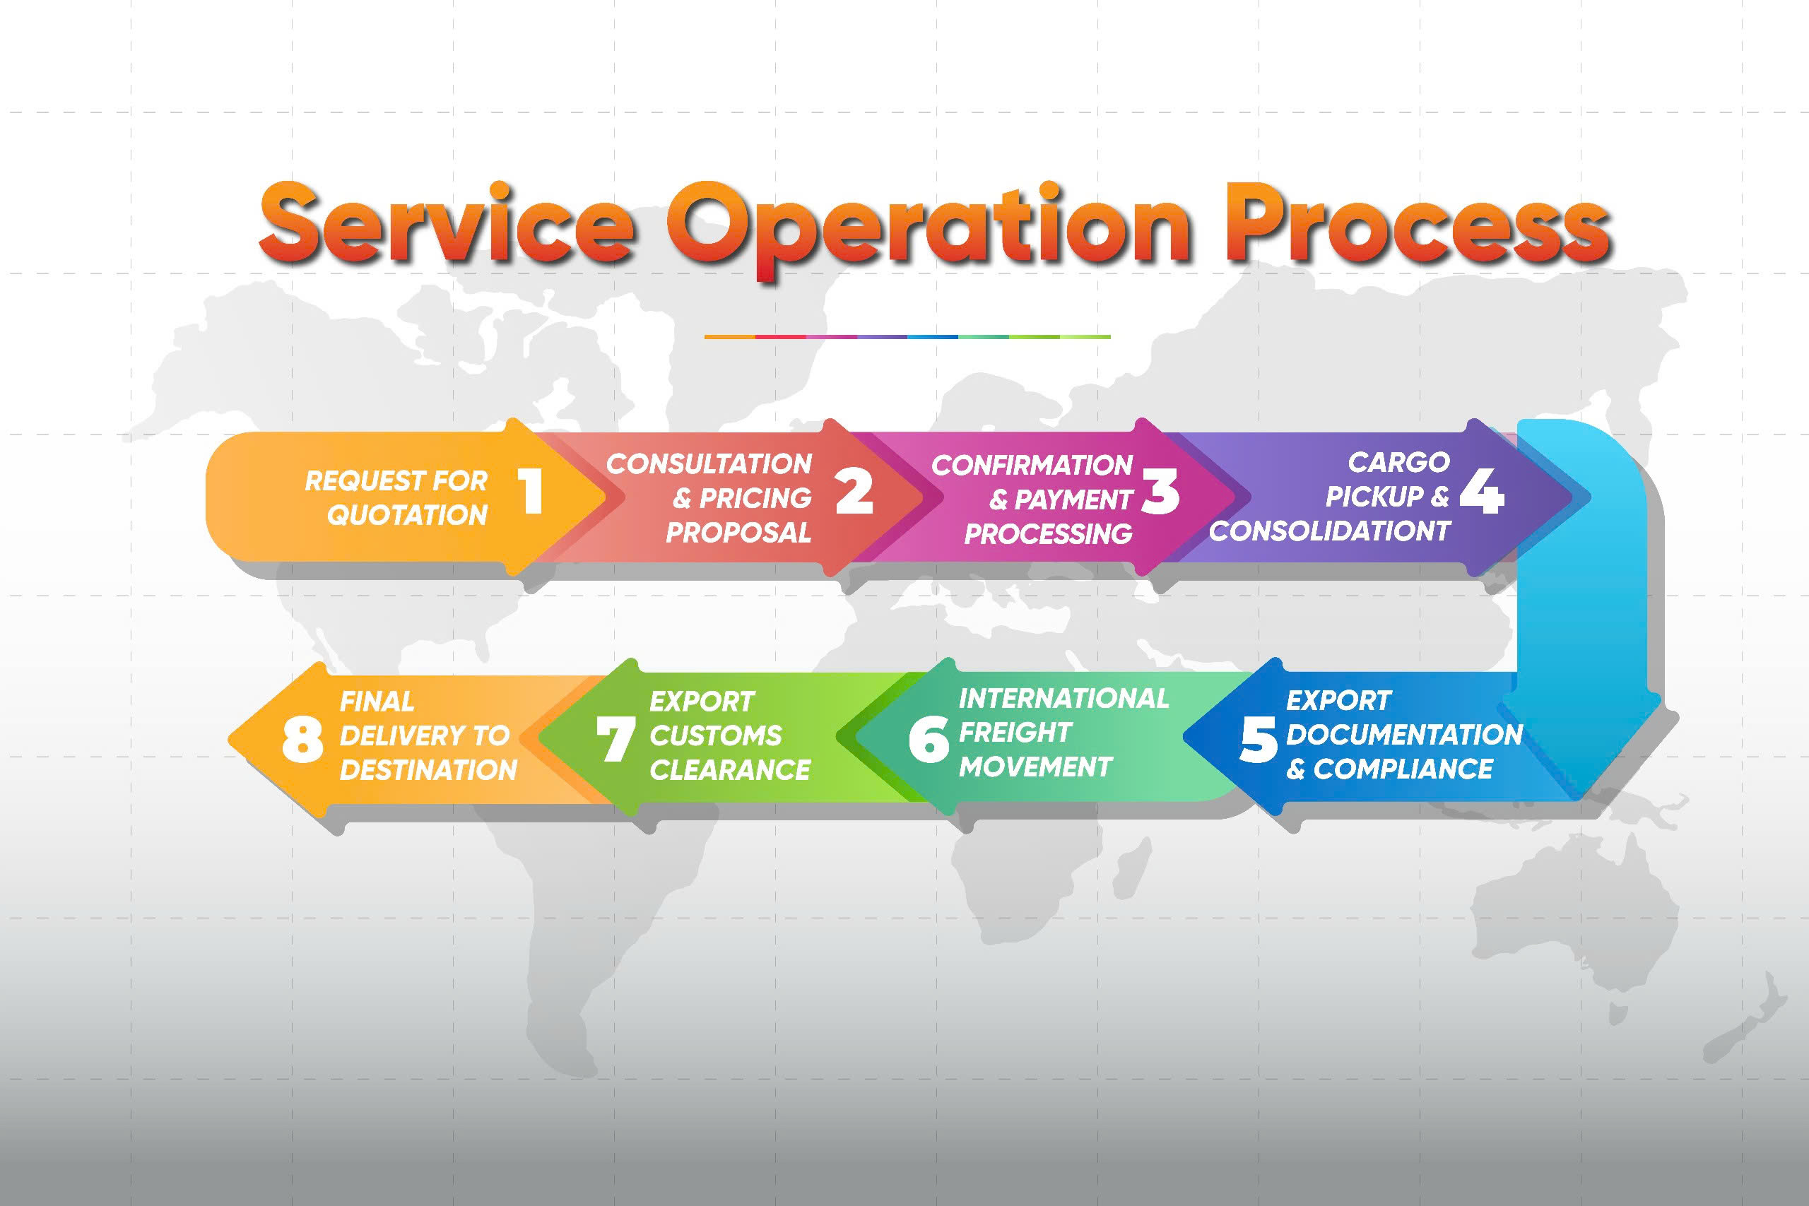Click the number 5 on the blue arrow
click(x=1259, y=740)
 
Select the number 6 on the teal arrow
click(x=929, y=740)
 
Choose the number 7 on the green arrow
click(x=615, y=739)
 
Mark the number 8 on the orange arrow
click(x=302, y=740)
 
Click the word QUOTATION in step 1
click(x=408, y=514)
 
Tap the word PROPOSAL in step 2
click(x=738, y=532)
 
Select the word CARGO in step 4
click(x=1398, y=462)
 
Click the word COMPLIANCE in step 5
click(x=1403, y=769)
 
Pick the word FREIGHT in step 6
click(x=1015, y=732)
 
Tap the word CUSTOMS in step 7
click(x=715, y=735)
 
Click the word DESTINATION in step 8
click(x=428, y=770)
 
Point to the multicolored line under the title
click(x=907, y=337)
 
